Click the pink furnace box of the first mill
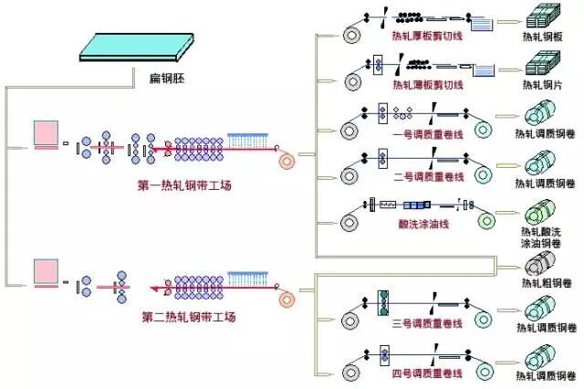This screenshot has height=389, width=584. pos(47,134)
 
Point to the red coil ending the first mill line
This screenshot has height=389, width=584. pos(287,159)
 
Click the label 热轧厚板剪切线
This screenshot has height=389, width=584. pos(427,36)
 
